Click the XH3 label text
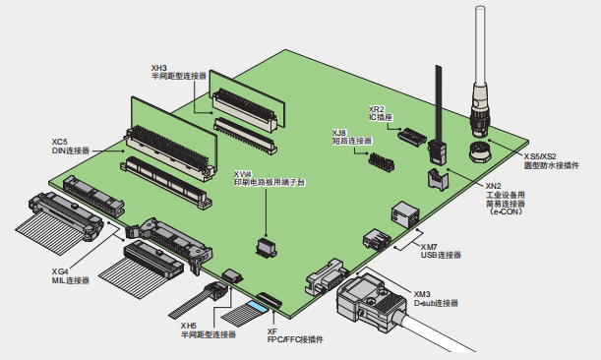[159, 68]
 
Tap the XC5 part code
[60, 143]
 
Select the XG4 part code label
[60, 271]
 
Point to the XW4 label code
[243, 174]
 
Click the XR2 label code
[377, 109]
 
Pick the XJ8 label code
[339, 133]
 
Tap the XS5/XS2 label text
[540, 156]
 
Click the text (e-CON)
[506, 211]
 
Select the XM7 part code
[429, 247]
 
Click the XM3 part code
[422, 294]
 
